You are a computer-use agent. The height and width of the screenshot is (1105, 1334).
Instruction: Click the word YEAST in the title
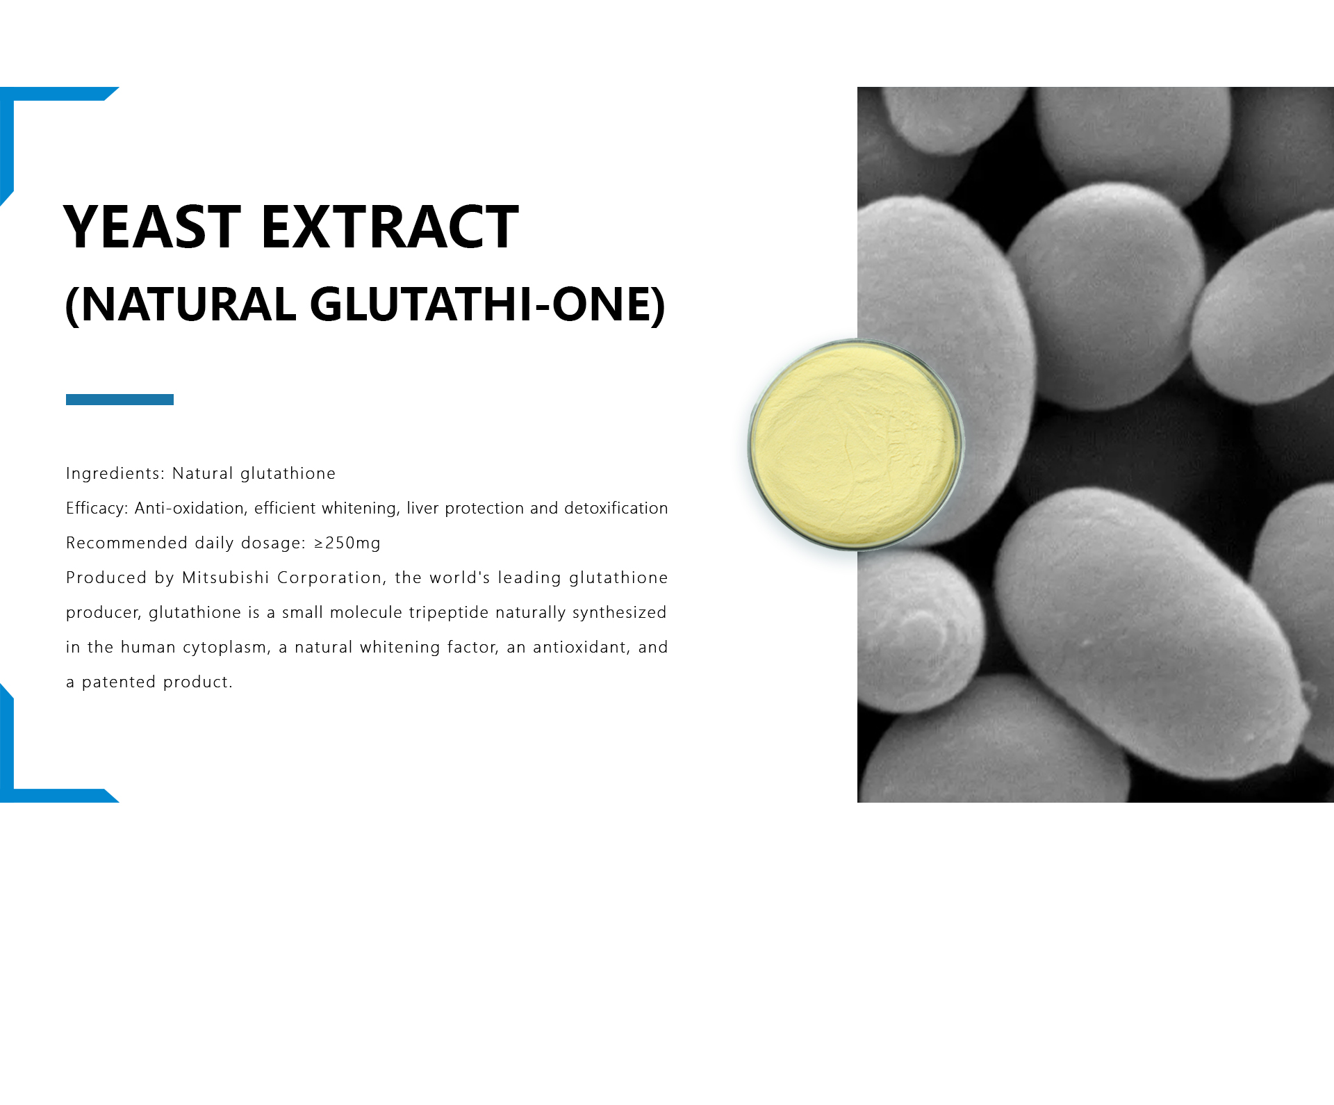[x=152, y=227]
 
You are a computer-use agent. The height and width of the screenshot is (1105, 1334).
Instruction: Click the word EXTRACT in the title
[x=390, y=227]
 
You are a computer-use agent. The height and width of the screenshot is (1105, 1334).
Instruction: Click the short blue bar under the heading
[x=120, y=400]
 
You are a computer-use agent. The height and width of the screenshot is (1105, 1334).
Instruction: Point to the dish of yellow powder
[x=855, y=445]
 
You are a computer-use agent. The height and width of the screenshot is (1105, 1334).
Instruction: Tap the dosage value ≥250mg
[x=347, y=543]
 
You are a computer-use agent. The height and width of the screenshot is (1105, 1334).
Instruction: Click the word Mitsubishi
[x=226, y=578]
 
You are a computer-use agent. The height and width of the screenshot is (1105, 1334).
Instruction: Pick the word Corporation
[x=330, y=578]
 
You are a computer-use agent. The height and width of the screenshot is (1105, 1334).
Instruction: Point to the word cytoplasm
[x=227, y=648]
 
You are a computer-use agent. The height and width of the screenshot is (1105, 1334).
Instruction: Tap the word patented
[x=119, y=682]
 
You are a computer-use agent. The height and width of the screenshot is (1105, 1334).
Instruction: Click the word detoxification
[x=616, y=508]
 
